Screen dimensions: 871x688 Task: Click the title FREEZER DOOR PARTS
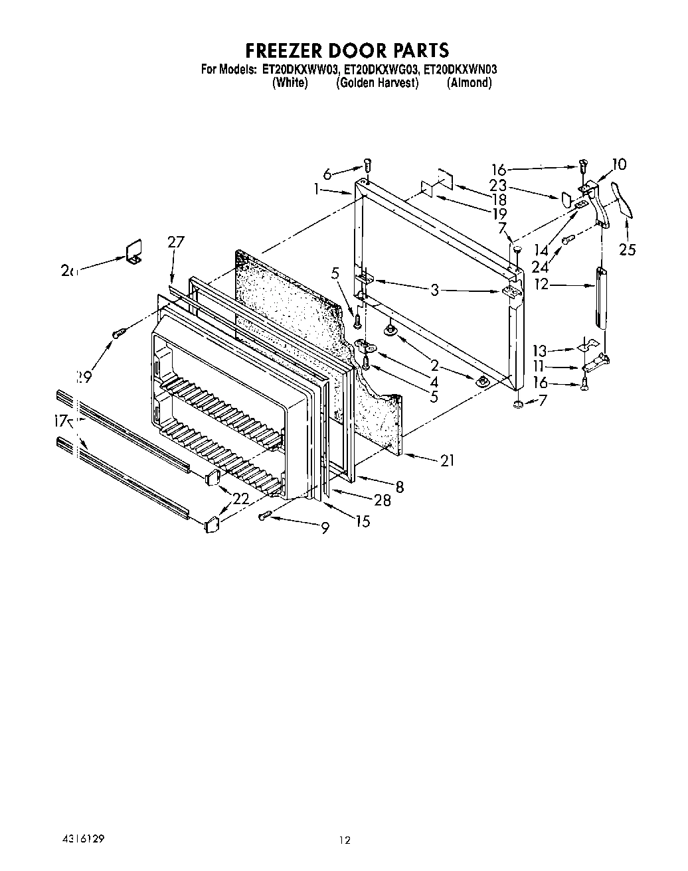[347, 50]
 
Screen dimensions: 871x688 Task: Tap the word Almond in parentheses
[469, 83]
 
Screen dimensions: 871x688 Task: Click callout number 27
[175, 242]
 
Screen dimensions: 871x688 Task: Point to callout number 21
[448, 459]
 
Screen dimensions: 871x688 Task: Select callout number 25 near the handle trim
[627, 249]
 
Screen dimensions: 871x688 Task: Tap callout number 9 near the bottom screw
[325, 529]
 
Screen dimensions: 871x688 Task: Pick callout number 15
[363, 521]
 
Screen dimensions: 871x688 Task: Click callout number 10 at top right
[619, 164]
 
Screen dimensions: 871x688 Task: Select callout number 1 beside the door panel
[318, 189]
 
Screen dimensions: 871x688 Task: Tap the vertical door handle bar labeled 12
[602, 297]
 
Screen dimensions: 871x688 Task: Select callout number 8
[398, 487]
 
